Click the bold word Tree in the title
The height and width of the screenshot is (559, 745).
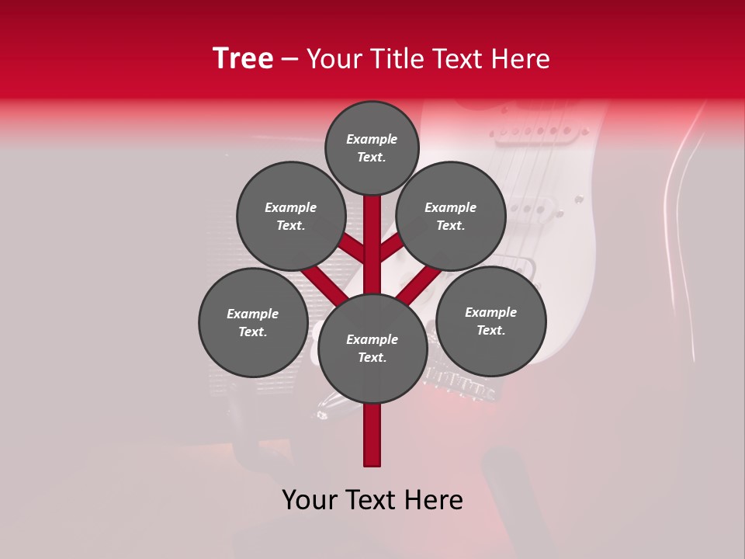[243, 59]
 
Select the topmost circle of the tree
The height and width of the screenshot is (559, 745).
[372, 148]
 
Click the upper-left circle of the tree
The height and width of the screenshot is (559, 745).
[291, 216]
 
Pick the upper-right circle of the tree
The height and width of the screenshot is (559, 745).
[451, 216]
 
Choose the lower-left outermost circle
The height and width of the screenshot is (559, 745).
[253, 322]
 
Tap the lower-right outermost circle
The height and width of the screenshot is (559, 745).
[490, 321]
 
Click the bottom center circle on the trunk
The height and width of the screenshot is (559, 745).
[372, 348]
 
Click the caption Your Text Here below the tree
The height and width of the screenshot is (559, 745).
[372, 500]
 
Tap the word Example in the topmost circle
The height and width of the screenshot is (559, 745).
[372, 139]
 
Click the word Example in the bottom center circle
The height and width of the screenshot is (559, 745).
[372, 339]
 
